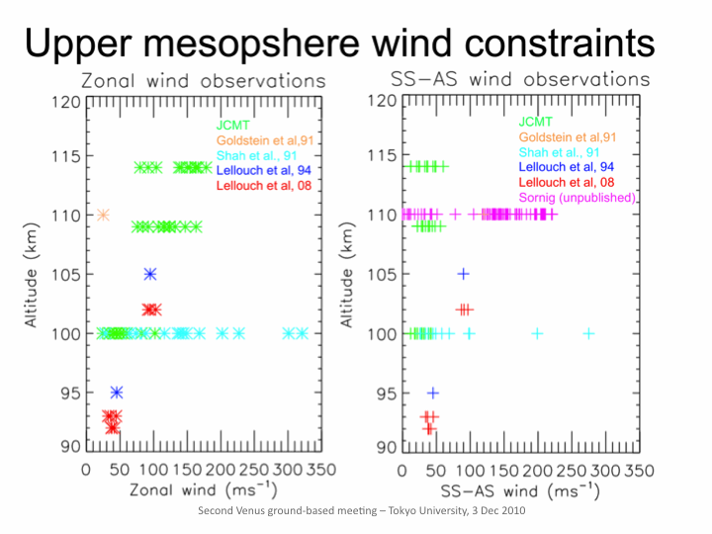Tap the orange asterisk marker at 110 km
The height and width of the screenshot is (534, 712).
[x=103, y=215]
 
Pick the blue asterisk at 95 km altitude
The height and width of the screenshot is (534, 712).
[x=117, y=393]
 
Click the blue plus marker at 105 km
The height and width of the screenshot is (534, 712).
[x=463, y=274]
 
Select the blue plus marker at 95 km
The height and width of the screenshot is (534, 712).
[x=432, y=393]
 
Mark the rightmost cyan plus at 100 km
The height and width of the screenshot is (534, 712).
[x=588, y=333]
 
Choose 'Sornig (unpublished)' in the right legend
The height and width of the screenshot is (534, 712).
[x=577, y=199]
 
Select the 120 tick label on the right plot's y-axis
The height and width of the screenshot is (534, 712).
[x=382, y=102]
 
